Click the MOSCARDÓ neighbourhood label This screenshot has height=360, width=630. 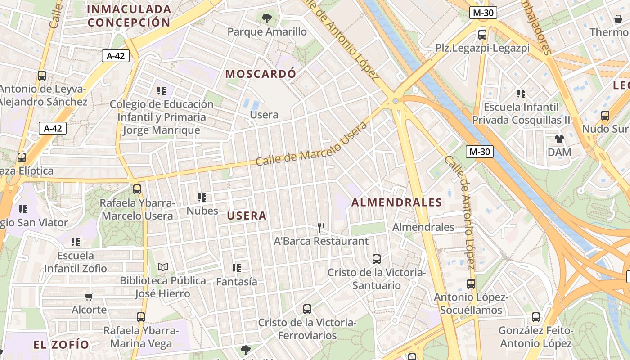(x=261, y=74)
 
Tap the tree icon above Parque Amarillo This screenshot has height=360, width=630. (x=267, y=18)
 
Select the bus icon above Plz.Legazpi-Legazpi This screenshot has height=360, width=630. (x=482, y=34)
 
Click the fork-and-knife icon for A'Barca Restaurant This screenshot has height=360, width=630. (x=321, y=228)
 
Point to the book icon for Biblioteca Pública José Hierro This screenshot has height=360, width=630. (x=163, y=267)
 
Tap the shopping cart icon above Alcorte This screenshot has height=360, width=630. (x=89, y=297)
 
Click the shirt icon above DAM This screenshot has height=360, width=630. (x=559, y=139)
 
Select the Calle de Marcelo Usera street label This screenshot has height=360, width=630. (x=311, y=143)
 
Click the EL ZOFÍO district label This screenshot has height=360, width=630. (x=61, y=345)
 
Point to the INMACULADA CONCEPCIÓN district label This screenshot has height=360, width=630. (x=129, y=16)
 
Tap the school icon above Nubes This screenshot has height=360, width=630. (x=202, y=198)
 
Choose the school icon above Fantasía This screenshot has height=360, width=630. (x=237, y=268)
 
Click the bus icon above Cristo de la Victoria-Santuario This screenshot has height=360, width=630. (x=377, y=259)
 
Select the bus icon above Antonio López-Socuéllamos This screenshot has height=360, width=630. (x=471, y=284)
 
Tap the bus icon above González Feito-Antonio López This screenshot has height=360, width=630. (x=535, y=317)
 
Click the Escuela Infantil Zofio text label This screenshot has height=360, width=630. (x=76, y=262)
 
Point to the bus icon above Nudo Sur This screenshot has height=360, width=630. (x=605, y=116)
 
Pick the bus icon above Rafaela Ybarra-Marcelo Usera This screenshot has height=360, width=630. (x=137, y=189)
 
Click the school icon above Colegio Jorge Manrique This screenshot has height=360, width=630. (x=162, y=91)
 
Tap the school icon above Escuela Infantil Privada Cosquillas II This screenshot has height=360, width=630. (x=521, y=94)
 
